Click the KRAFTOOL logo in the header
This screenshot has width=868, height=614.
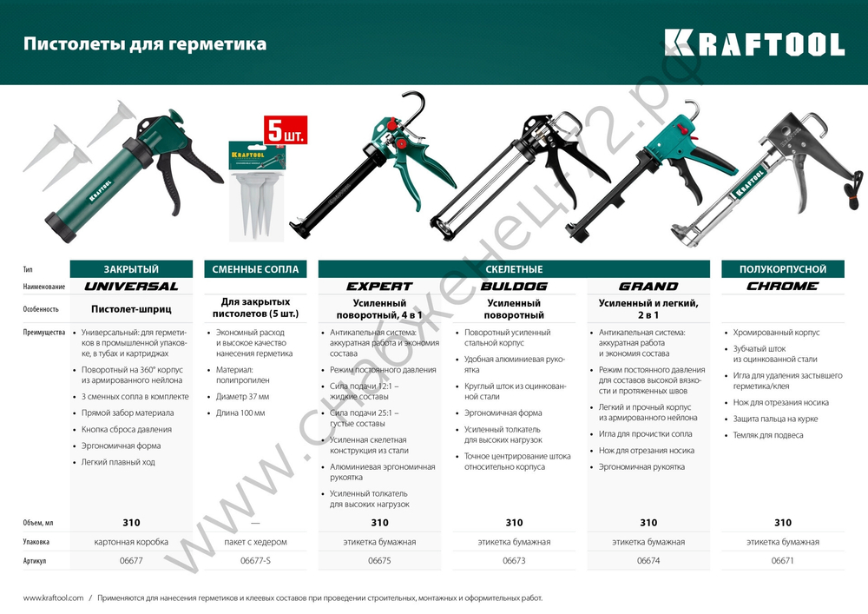[x=753, y=43]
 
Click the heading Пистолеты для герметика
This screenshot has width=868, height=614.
[x=145, y=43]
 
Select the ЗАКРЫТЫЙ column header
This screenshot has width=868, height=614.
[x=131, y=269]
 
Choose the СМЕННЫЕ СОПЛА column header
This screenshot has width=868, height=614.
[x=255, y=269]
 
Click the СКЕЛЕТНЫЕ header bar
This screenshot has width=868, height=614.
[x=514, y=269]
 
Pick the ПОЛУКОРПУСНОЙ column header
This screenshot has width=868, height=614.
[x=782, y=269]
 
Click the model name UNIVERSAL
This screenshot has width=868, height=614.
[x=131, y=287]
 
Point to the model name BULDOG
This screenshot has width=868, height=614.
[x=514, y=287]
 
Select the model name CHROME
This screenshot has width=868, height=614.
[x=782, y=287]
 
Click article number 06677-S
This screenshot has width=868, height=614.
[x=255, y=561]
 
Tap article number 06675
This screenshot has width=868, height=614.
[x=379, y=561]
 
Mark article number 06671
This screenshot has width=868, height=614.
[x=782, y=561]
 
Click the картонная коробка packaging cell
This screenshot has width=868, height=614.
[x=131, y=542]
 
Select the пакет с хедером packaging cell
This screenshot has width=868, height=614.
[x=255, y=542]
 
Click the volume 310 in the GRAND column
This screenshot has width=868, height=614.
[x=648, y=523]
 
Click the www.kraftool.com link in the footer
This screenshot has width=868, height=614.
[x=53, y=597]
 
